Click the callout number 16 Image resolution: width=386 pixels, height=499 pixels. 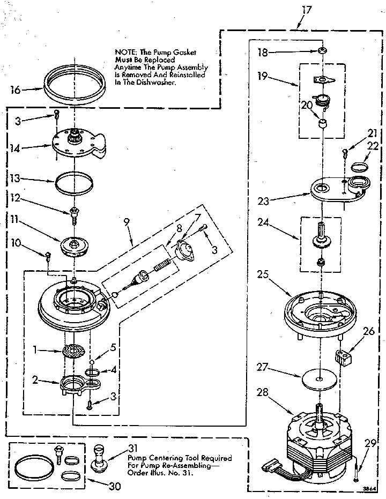click(16, 90)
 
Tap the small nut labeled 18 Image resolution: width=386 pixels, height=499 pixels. click(322, 51)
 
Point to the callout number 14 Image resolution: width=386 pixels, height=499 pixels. click(16, 148)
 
